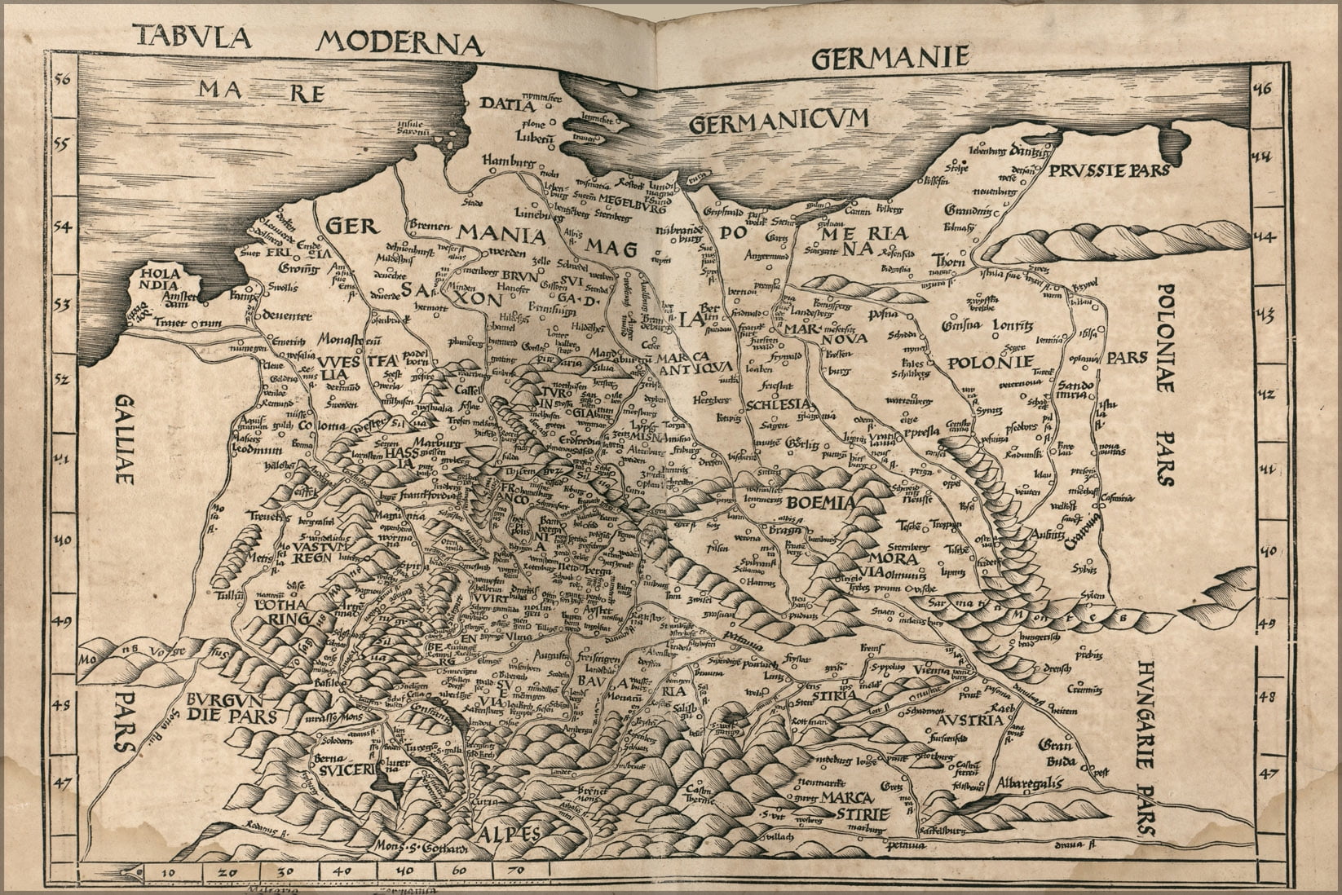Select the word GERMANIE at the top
tap(890, 57)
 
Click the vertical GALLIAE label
tap(124, 440)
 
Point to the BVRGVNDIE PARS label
tap(232, 707)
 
